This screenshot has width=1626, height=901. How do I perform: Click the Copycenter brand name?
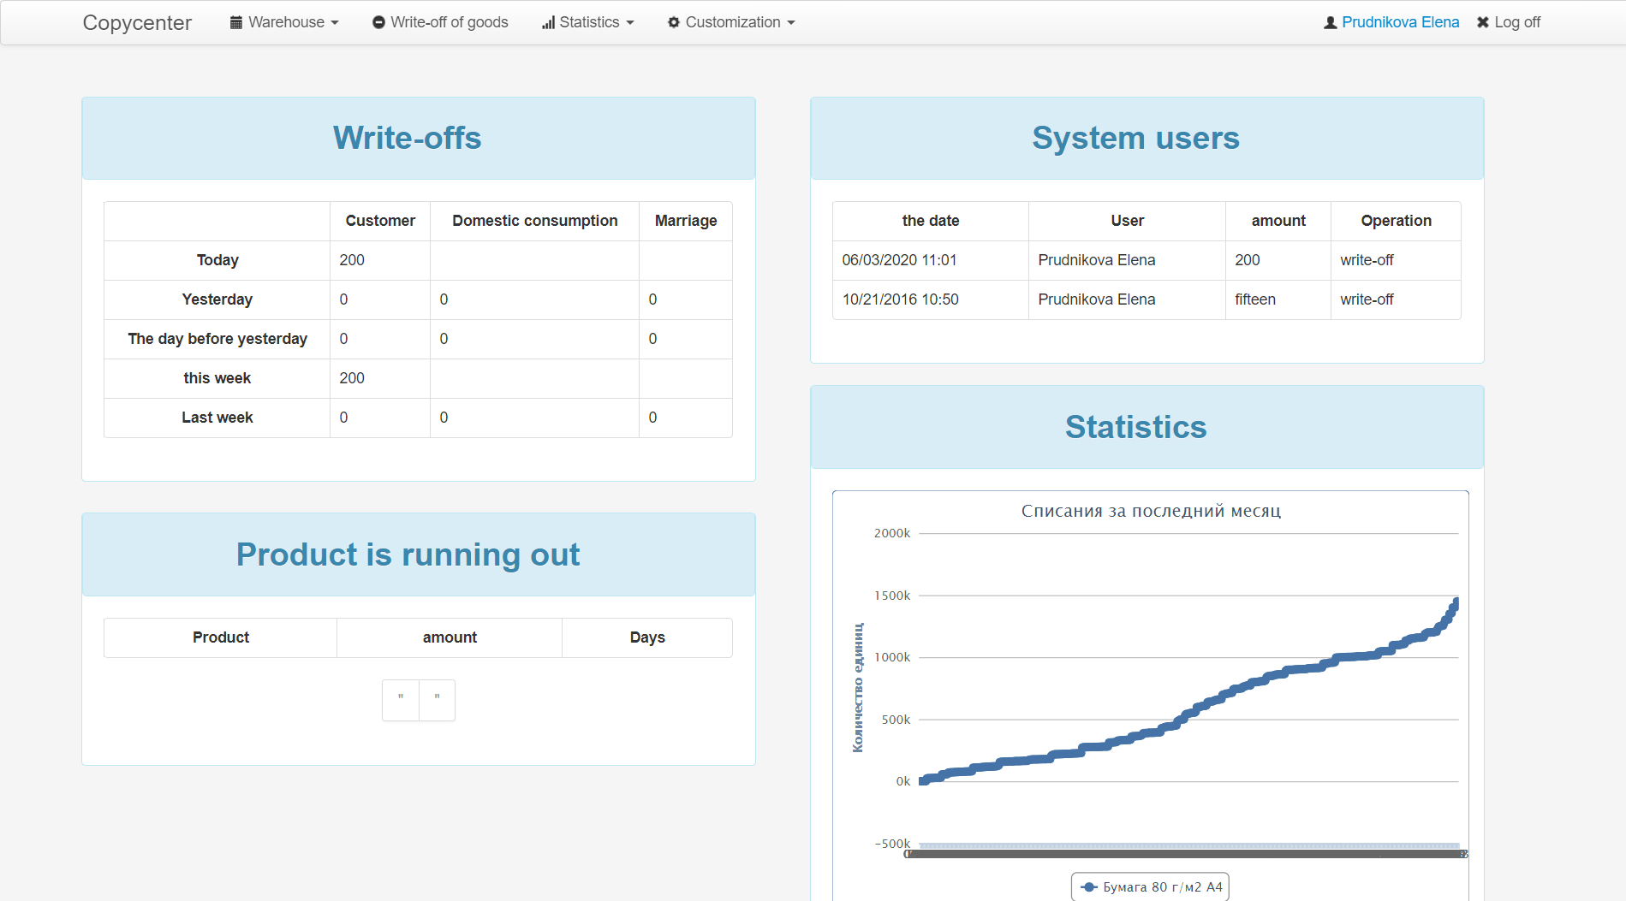pos(137,22)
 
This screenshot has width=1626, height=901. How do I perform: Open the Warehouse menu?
pos(284,22)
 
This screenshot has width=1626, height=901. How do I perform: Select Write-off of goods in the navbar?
pos(440,22)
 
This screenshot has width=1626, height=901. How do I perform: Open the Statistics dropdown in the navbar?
pos(588,22)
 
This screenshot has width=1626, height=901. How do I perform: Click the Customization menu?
pos(731,22)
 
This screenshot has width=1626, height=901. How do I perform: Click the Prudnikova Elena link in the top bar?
pos(1400,22)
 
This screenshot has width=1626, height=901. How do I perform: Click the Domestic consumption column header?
pos(534,221)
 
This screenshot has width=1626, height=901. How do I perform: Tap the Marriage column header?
pos(686,221)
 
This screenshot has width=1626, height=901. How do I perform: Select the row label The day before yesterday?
pos(217,339)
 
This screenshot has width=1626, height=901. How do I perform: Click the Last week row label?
pos(217,418)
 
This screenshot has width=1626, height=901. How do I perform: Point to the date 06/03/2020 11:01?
pos(899,260)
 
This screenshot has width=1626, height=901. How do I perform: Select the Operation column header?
pos(1396,221)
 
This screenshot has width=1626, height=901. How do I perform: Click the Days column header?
pos(647,637)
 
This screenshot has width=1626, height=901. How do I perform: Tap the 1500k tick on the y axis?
pos(892,596)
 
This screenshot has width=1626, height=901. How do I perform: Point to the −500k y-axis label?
pos(892,844)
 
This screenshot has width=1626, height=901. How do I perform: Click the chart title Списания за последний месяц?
pos(1151,511)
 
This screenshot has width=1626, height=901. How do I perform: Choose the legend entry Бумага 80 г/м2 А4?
pos(1151,887)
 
